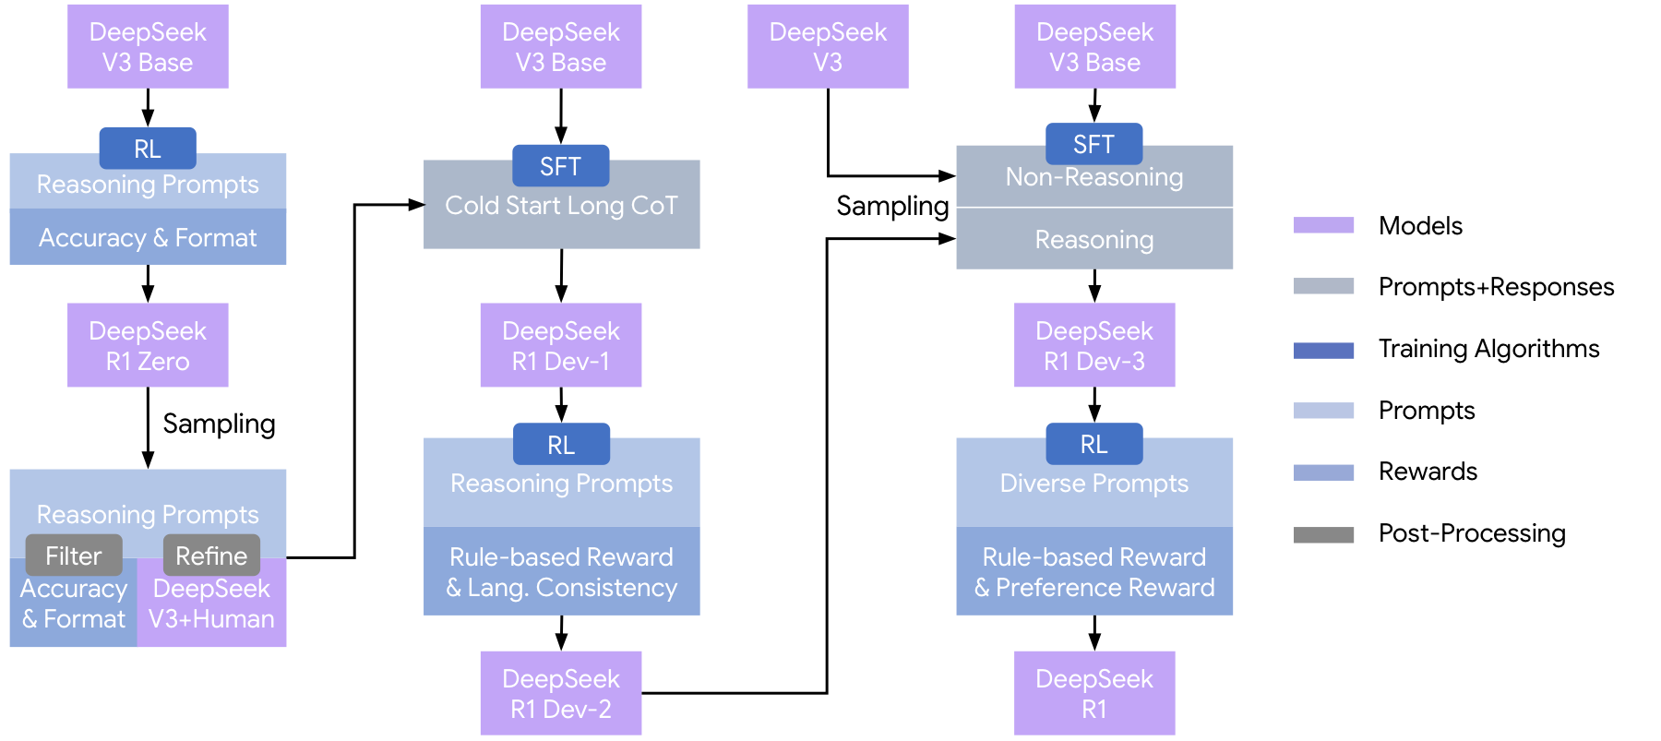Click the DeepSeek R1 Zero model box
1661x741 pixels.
[148, 345]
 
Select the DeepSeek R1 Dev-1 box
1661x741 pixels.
[560, 345]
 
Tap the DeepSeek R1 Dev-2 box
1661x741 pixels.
[560, 693]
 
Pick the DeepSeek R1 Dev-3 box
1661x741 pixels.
[1093, 345]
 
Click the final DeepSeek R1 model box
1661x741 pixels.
[1093, 693]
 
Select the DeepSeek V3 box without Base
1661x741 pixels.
[828, 46]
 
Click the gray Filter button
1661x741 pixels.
[74, 556]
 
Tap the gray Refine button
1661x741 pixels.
[211, 556]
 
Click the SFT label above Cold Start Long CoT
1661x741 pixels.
[560, 166]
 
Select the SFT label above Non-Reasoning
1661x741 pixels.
[1093, 144]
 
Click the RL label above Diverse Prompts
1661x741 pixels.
[1093, 444]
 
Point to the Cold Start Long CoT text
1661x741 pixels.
[561, 205]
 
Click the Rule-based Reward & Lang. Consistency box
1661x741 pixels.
[561, 571]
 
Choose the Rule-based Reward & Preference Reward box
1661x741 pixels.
[1093, 571]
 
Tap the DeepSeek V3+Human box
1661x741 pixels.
[211, 604]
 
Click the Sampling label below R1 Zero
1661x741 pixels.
[219, 424]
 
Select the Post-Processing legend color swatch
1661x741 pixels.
[1323, 534]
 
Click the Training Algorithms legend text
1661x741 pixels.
[1488, 349]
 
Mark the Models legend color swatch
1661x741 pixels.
[1323, 225]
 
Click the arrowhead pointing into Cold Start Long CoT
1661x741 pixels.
[416, 205]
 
